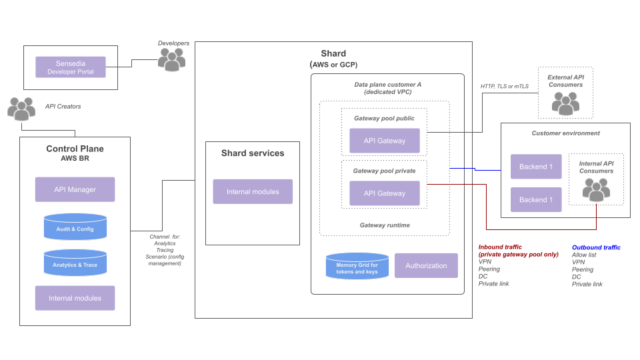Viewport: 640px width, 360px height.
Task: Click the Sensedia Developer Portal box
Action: point(70,67)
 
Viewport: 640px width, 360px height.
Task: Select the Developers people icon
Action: point(172,60)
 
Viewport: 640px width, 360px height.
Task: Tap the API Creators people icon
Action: point(21,109)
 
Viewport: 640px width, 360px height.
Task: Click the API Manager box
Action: point(75,189)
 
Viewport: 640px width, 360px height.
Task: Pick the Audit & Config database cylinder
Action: point(75,227)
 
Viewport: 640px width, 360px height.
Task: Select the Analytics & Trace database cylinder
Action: point(75,263)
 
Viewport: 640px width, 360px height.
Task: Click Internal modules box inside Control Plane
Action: point(75,298)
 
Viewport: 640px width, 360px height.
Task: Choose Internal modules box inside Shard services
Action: point(253,191)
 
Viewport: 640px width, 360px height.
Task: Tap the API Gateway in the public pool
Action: point(385,141)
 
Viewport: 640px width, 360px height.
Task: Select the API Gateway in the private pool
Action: point(385,193)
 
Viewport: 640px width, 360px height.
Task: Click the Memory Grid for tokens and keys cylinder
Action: point(357,266)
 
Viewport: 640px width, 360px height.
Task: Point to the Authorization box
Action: point(426,265)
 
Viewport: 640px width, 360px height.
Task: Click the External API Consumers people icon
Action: point(565,102)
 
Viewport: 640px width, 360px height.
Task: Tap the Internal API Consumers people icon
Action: point(596,189)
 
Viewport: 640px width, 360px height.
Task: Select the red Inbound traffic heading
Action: point(500,247)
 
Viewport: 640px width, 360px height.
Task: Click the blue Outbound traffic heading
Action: point(596,247)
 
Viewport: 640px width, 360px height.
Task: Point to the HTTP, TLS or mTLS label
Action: point(505,86)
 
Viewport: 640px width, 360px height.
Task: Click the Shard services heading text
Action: point(253,153)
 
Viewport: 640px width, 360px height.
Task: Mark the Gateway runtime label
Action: point(385,225)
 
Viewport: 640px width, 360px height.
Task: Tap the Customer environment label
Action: point(565,133)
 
